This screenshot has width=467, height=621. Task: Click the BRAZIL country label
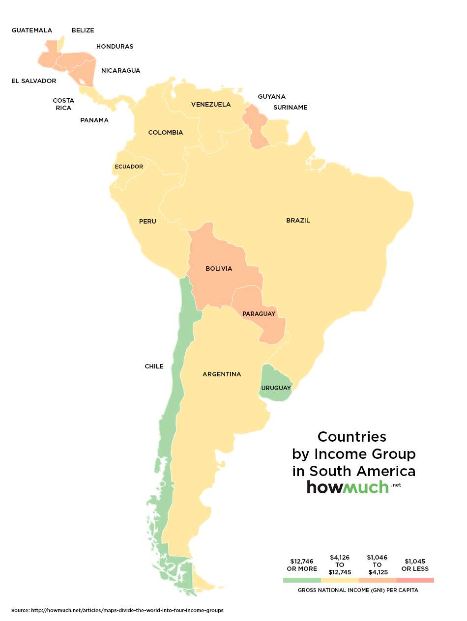tap(298, 221)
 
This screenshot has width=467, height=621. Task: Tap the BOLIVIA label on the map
tap(219, 269)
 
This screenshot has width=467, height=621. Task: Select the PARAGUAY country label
tap(259, 313)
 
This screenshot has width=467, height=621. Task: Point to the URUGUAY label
tap(276, 388)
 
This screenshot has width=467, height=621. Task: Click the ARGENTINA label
tap(222, 374)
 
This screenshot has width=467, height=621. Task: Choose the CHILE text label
tap(154, 367)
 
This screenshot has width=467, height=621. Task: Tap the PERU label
tap(147, 222)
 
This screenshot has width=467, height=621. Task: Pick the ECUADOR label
tap(129, 167)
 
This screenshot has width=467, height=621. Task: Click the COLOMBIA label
tap(166, 133)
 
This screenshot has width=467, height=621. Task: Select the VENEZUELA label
tap(211, 105)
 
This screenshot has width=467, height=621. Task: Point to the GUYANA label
tap(271, 97)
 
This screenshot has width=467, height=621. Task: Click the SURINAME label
tap(290, 108)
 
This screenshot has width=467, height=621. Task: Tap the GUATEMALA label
tap(31, 30)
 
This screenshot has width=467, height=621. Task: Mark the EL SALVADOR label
tap(34, 81)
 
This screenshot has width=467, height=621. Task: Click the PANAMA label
tap(94, 120)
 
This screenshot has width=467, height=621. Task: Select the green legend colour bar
tap(302, 580)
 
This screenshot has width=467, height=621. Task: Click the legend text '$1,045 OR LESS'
tap(415, 565)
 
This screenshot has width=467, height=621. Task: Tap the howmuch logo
tap(348, 487)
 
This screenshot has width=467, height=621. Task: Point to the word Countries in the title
tap(352, 437)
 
